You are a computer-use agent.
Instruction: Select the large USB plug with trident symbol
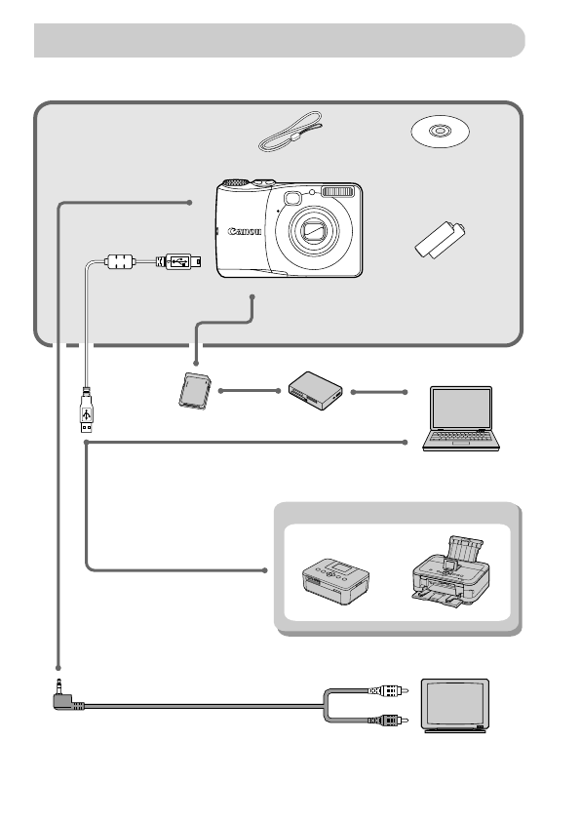[88, 412]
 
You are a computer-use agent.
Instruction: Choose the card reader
[316, 392]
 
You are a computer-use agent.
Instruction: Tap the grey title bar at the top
[279, 41]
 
